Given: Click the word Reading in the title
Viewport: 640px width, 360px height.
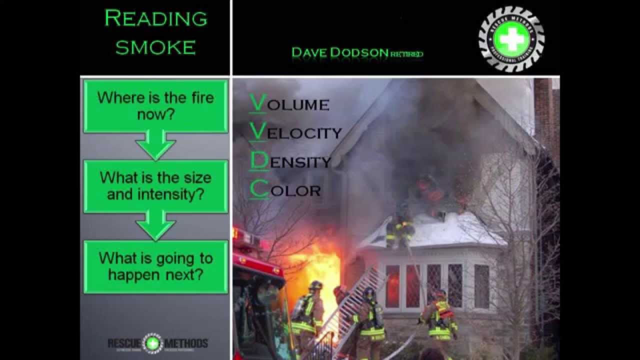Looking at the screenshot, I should (x=155, y=19).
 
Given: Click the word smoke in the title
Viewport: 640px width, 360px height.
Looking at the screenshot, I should (x=155, y=47).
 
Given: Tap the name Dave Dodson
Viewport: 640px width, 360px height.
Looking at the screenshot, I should (x=340, y=52).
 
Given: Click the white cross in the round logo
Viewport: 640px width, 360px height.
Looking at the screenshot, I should (x=511, y=39).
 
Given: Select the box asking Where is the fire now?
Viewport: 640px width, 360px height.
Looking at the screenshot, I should (x=155, y=105).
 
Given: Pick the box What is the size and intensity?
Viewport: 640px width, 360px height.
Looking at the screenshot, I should (x=155, y=185).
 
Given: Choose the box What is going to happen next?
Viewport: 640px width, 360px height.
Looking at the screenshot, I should (x=155, y=266).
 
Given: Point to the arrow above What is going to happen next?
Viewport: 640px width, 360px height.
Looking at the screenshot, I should (x=155, y=225).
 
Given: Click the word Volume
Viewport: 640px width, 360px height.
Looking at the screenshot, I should (x=289, y=104).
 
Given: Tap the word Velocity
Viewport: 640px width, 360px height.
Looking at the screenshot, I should (x=295, y=132).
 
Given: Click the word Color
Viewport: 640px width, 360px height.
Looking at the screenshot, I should (x=285, y=190).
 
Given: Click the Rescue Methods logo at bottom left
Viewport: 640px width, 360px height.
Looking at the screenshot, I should (x=157, y=343).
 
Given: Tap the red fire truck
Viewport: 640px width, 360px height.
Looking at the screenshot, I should (x=257, y=300).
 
